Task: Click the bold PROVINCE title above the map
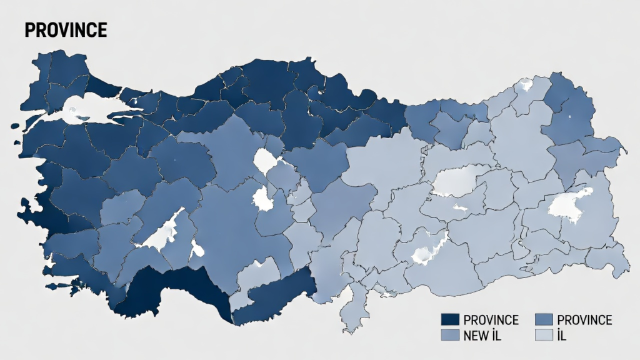pyautogui.click(x=66, y=30)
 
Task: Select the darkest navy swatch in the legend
pyautogui.click(x=450, y=320)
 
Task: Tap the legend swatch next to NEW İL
pyautogui.click(x=450, y=336)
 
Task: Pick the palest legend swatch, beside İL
pyautogui.click(x=545, y=336)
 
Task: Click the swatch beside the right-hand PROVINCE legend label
pyautogui.click(x=545, y=320)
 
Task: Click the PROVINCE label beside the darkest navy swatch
pyautogui.click(x=491, y=320)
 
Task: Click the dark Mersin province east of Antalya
pyautogui.click(x=275, y=297)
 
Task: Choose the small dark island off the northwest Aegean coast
pyautogui.click(x=16, y=127)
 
